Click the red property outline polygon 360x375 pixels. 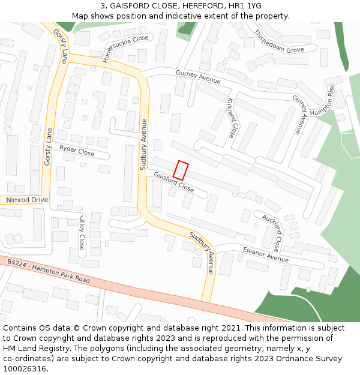(181, 170)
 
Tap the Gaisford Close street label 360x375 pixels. (173, 182)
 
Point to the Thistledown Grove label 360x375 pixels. (279, 41)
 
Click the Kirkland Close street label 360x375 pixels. (231, 118)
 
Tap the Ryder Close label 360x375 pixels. (77, 150)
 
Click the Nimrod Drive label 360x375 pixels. (26, 200)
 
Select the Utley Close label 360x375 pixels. (82, 233)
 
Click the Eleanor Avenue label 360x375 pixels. (265, 254)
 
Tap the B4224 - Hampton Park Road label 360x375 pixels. (49, 271)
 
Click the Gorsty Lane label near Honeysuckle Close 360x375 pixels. (59, 46)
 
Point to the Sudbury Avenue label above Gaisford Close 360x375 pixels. (144, 144)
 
